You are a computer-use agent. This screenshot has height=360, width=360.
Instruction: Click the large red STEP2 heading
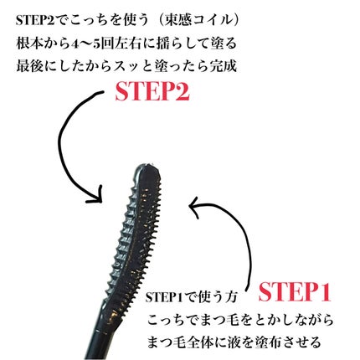152,92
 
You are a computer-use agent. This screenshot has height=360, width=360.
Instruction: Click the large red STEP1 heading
295,292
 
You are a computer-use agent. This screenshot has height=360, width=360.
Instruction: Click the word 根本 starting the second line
28,44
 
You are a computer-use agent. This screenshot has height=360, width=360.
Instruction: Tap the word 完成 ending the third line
224,66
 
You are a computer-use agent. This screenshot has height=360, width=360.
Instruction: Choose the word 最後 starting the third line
28,67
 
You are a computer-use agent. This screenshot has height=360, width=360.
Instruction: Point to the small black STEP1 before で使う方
163,297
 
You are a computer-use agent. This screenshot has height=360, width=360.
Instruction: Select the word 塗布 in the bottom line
267,342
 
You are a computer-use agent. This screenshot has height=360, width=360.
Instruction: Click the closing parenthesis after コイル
236,21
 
